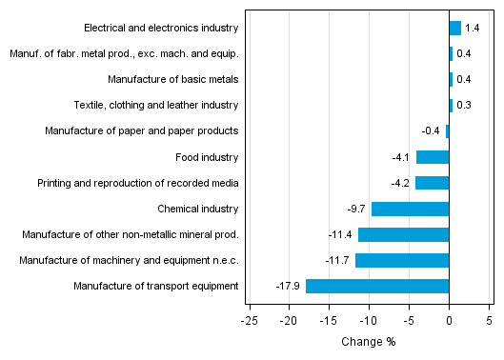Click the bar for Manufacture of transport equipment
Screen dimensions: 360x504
pos(377,286)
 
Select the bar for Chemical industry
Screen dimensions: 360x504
pos(410,209)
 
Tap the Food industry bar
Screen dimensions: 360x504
pos(433,157)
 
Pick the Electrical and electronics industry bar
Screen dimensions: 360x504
pos(454,29)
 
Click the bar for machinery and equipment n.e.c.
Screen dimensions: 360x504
pos(402,260)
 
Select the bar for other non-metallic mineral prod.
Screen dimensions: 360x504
pos(403,234)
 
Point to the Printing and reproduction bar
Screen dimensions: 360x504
pos(432,183)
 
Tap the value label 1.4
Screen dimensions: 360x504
pos(472,29)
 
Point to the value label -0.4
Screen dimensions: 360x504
pos(431,131)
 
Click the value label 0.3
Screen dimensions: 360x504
pos(464,106)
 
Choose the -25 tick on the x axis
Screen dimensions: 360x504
pos(250,322)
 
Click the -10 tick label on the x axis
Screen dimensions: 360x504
pos(369,322)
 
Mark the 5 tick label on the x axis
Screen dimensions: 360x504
pos(489,322)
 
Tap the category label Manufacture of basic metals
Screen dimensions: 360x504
pos(172,80)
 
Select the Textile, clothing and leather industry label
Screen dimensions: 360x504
pos(156,106)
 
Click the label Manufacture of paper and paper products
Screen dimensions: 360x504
pos(141,131)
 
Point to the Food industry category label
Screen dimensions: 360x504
pos(207,157)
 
